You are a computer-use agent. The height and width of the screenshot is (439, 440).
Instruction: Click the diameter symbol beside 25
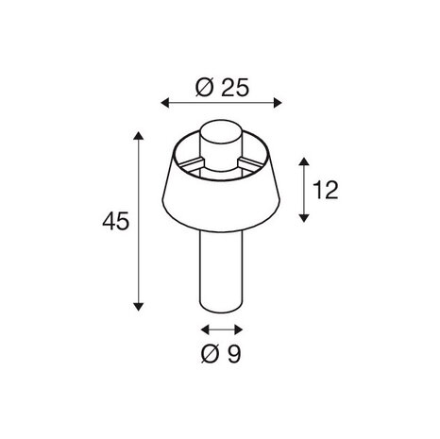pos(205,88)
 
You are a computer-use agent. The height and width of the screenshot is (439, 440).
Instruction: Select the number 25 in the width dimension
pos(235,88)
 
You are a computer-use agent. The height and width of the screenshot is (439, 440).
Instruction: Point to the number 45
pos(116,222)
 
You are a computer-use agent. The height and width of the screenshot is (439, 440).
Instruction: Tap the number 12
pos(325,190)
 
